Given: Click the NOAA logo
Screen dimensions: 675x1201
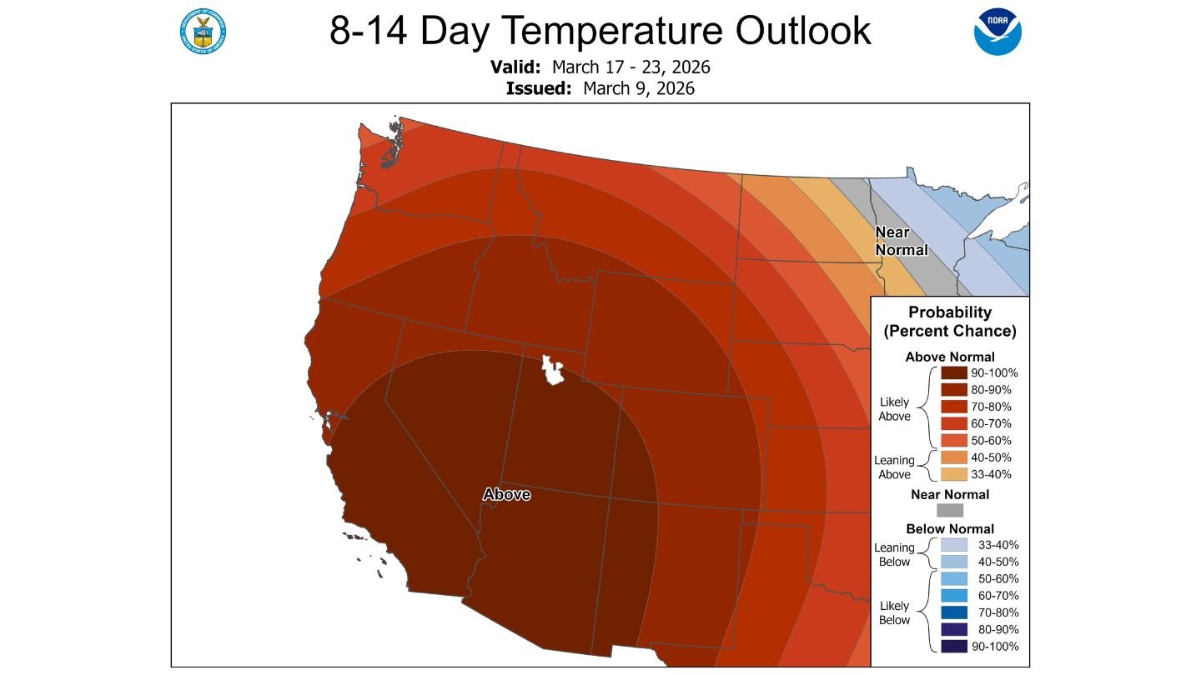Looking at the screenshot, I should (x=997, y=32).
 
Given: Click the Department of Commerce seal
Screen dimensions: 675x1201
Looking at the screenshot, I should (x=203, y=31).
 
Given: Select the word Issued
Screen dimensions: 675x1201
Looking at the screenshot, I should (x=538, y=88).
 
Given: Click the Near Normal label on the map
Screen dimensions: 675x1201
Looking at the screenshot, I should (x=900, y=241).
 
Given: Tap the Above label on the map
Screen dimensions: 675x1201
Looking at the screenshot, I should (x=506, y=494).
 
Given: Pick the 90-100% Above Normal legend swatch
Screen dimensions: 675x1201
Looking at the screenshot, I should (x=950, y=372).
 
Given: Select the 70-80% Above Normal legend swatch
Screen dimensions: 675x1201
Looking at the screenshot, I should (x=950, y=407).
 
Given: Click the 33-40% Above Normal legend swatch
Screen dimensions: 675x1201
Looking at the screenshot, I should (x=950, y=474).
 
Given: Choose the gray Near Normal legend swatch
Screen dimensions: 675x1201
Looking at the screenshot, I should (x=950, y=510).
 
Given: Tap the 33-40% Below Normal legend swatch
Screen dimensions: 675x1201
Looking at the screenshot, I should (x=950, y=545).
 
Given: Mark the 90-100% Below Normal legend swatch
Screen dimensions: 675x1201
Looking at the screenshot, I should (x=950, y=647).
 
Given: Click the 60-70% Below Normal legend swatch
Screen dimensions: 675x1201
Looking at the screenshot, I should (x=950, y=596).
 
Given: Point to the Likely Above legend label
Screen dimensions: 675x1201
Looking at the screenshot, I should (x=895, y=409).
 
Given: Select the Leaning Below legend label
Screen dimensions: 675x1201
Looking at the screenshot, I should (x=894, y=554).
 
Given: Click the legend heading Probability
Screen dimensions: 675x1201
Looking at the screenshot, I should (x=950, y=312).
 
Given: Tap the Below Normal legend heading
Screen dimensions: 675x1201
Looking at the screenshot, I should (x=950, y=528).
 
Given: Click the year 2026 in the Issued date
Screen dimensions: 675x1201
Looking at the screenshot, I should (x=675, y=88).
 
